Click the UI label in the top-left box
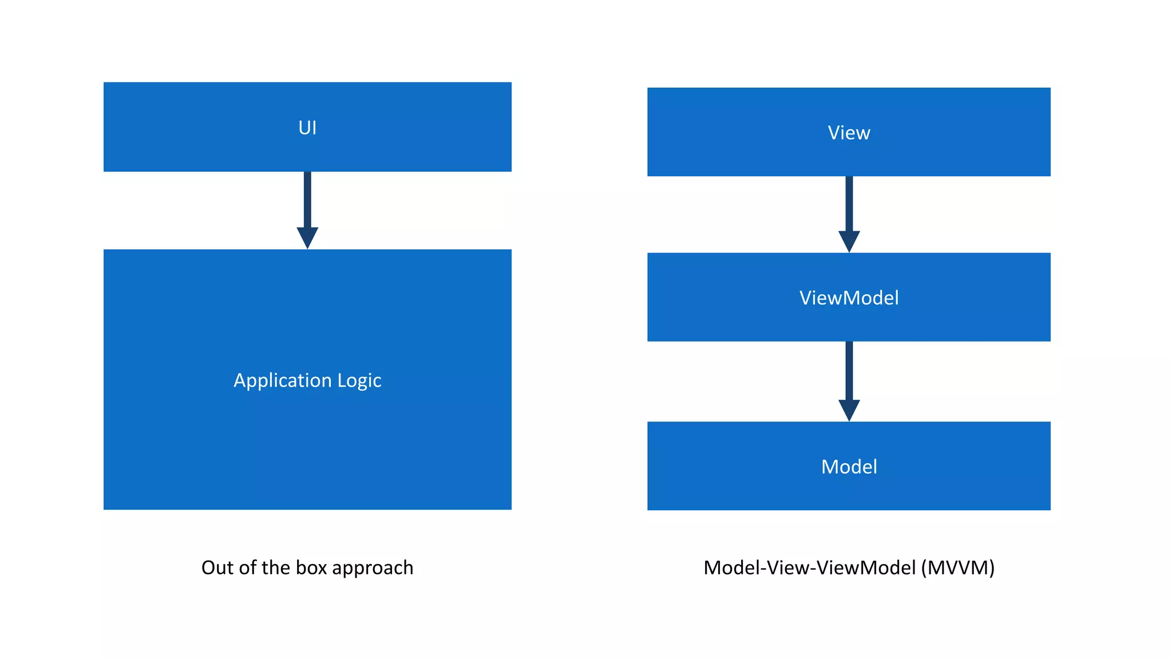click(307, 128)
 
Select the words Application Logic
click(307, 380)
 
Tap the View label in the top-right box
click(849, 133)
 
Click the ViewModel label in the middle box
click(849, 298)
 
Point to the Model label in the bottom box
click(849, 467)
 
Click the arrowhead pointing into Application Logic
click(307, 237)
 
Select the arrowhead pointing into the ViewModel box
click(849, 240)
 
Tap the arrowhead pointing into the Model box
click(849, 409)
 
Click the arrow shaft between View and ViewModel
click(849, 203)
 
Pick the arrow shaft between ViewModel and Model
click(849, 371)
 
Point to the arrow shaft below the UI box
click(307, 199)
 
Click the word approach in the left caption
click(373, 569)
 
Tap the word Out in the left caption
click(217, 567)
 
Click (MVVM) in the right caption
click(958, 567)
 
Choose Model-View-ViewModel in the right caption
click(809, 567)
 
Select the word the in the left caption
click(276, 567)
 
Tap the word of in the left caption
click(247, 567)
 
